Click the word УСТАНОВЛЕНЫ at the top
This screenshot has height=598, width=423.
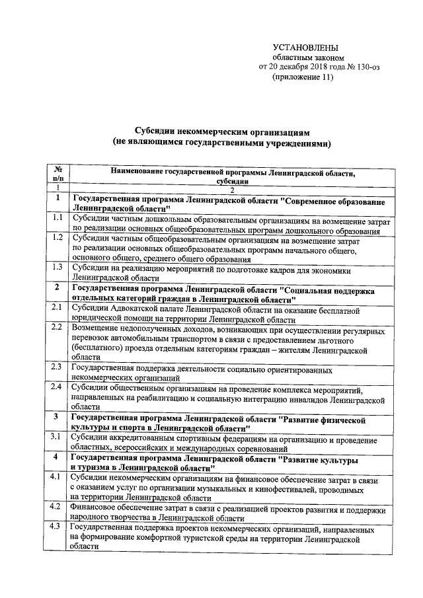(305, 48)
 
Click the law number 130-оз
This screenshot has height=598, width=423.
(365, 67)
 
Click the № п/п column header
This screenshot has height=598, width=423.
(58, 174)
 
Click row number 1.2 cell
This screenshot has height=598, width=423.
(58, 237)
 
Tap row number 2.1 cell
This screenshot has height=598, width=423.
(58, 307)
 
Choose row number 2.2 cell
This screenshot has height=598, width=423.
(58, 327)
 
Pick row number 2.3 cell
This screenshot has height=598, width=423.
(58, 367)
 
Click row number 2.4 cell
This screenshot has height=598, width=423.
(58, 387)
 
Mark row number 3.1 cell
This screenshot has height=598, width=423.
(58, 437)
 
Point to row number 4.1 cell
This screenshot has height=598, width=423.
(58, 477)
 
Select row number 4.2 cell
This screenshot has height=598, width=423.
(58, 507)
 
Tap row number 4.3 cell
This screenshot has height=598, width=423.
(58, 527)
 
